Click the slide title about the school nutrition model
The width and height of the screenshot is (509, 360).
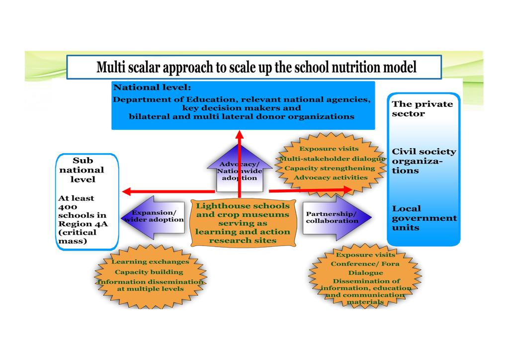click(256, 67)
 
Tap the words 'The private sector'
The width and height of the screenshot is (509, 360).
click(422, 108)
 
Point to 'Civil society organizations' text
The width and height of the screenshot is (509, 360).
click(424, 161)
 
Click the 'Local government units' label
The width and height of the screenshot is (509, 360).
click(424, 218)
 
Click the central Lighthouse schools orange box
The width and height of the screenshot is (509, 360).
click(243, 223)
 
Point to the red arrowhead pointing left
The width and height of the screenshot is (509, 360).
click(126, 191)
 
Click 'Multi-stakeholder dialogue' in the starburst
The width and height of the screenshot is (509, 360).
click(332, 159)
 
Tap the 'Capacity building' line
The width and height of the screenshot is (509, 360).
click(149, 272)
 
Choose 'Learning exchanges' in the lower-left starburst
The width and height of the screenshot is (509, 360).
click(150, 262)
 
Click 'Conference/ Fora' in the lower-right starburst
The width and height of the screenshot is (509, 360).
click(365, 264)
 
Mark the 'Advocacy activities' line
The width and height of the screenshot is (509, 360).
click(330, 177)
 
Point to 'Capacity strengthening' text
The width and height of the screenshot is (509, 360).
click(330, 168)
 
